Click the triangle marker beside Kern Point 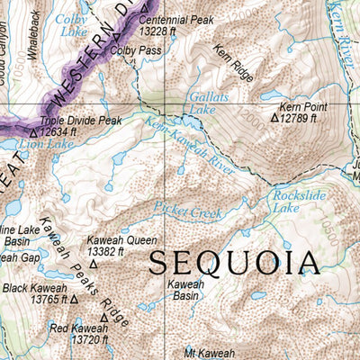(x=275, y=117)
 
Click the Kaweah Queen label (x=121, y=240)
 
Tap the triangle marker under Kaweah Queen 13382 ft (x=92, y=265)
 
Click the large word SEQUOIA (x=234, y=262)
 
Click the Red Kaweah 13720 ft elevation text (x=81, y=340)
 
